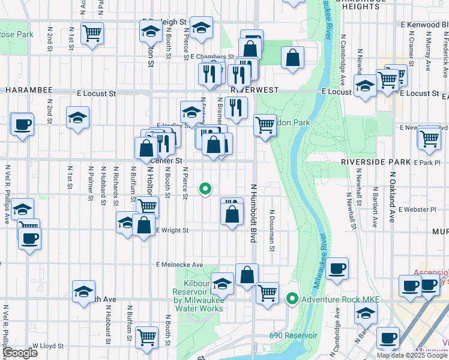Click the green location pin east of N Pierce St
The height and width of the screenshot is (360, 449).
(x=205, y=189)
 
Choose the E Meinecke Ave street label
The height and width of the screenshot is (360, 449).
(x=180, y=265)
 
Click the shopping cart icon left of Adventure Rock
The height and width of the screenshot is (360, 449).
(x=267, y=293)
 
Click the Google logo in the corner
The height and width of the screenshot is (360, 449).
(x=20, y=353)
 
